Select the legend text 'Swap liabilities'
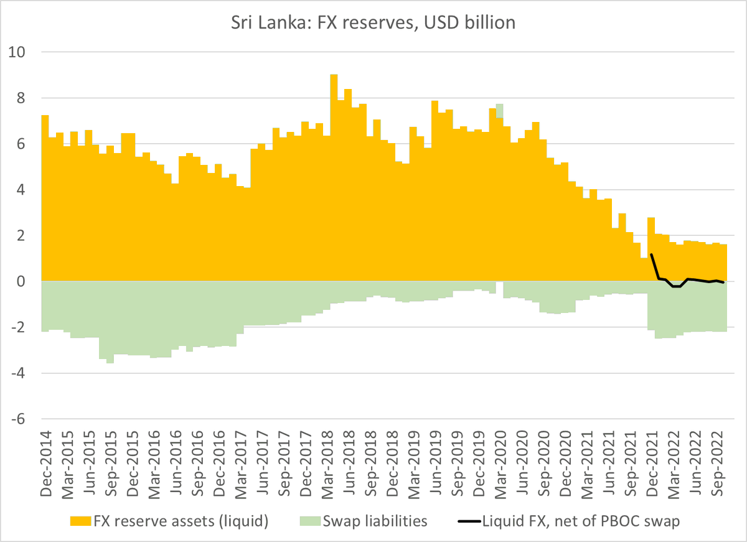click(375, 521)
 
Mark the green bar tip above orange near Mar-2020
click(500, 110)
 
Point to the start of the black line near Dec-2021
click(651, 255)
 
